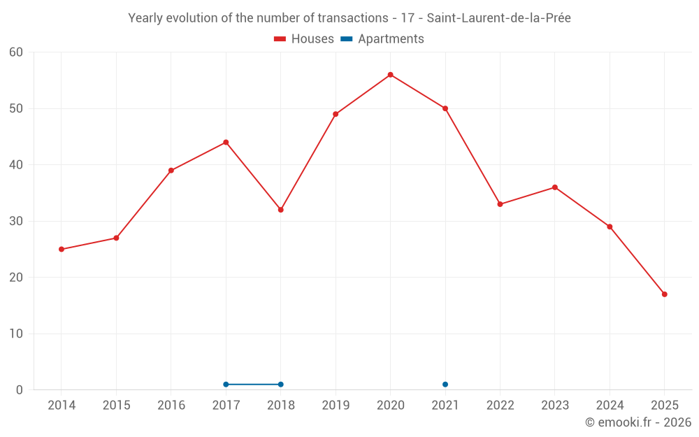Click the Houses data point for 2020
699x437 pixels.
390,75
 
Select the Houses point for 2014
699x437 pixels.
62,249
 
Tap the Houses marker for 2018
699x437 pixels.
281,210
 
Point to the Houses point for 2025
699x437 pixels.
664,294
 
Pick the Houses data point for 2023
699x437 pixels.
555,187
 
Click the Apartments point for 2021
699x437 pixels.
445,385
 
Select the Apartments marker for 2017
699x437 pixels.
226,385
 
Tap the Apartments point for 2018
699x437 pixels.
281,385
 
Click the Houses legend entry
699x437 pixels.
304,39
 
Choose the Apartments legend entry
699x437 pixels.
382,39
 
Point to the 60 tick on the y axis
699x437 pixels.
16,52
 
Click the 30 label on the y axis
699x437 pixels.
16,221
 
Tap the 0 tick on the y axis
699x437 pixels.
20,390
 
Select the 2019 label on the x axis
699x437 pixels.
336,406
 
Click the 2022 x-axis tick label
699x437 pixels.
500,406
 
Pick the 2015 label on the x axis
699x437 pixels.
116,406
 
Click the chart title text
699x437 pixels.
349,18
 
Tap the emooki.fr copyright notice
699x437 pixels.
638,422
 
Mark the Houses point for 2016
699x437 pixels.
171,171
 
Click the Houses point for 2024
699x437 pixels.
610,227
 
